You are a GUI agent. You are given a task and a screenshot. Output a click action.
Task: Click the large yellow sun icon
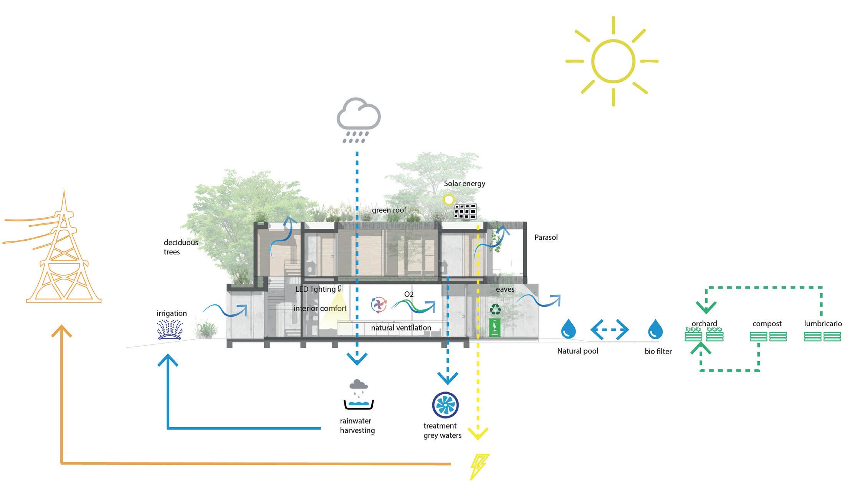click(x=613, y=61)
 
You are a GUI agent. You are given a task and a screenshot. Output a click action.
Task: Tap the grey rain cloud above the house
click(x=358, y=115)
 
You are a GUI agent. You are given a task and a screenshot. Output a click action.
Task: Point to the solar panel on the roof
click(x=465, y=211)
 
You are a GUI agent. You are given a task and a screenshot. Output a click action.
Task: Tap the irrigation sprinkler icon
click(x=170, y=330)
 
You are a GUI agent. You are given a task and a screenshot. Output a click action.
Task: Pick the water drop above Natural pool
click(x=568, y=329)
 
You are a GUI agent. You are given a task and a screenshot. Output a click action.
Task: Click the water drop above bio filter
click(x=655, y=329)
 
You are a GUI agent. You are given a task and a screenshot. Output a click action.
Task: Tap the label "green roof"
click(x=389, y=210)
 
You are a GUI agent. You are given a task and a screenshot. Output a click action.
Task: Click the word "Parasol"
click(x=546, y=238)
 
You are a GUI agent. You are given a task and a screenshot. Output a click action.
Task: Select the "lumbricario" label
click(x=823, y=324)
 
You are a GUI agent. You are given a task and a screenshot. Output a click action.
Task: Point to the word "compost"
click(x=767, y=324)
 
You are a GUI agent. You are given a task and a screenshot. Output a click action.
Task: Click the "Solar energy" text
click(x=465, y=183)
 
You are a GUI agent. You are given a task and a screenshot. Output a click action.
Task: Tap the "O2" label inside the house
click(x=409, y=294)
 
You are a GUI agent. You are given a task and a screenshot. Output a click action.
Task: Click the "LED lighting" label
click(x=315, y=289)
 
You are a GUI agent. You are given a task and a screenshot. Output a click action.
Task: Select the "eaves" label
click(x=505, y=289)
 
